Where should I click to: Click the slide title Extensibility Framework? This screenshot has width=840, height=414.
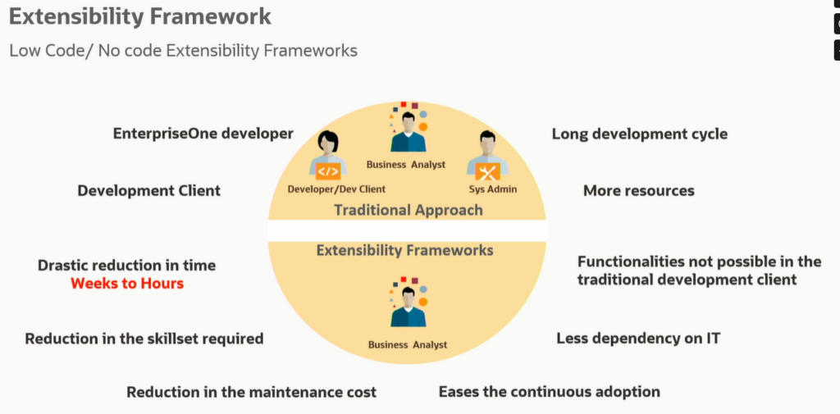point(140,16)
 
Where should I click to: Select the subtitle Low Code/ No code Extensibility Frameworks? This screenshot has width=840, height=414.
point(183,51)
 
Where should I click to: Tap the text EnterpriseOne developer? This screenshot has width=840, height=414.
point(203,134)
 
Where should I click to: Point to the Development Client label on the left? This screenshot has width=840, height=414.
point(148,190)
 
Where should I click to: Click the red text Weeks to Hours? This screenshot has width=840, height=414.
point(127,284)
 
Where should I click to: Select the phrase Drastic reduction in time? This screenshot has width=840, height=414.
point(127,266)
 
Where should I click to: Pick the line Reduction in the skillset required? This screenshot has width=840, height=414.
point(144,339)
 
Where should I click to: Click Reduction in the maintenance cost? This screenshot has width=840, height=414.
point(251,392)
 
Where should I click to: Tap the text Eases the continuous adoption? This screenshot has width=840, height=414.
point(549,392)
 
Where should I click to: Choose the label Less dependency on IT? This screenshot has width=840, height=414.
point(638,339)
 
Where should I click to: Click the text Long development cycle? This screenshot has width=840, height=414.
point(639,134)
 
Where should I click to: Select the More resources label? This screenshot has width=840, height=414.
point(638,190)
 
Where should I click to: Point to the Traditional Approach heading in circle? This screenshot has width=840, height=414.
point(408,210)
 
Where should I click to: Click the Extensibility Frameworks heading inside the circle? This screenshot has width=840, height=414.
point(404,250)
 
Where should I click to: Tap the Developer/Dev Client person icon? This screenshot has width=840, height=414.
point(328,156)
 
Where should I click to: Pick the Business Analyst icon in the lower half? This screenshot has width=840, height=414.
point(408,307)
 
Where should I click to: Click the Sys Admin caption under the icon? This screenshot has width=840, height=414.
point(487,189)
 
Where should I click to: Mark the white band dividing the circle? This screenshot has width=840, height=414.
point(408,230)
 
